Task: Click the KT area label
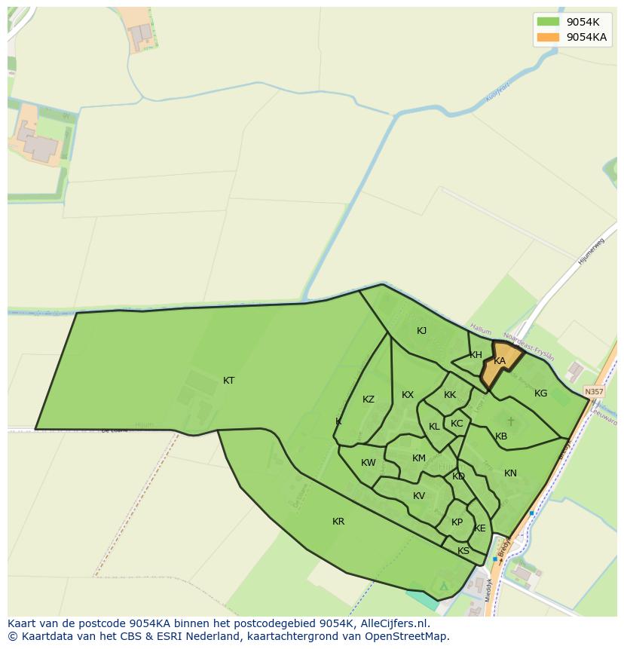pos(228,381)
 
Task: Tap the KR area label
pos(338,522)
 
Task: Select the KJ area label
pos(422,331)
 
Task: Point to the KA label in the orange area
pos(500,361)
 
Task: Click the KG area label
pos(540,393)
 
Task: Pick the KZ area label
pos(369,400)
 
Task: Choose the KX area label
pos(408,395)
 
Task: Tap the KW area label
pos(369,463)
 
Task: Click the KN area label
pos(510,473)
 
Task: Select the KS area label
pos(463,551)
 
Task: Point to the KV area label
pos(419,496)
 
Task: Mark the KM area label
pos(419,458)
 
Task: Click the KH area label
pos(476,355)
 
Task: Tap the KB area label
pos(501,436)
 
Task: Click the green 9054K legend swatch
pos(548,22)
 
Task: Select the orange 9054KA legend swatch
pos(548,37)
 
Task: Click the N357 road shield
pos(594,392)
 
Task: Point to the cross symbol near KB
pos(510,421)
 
